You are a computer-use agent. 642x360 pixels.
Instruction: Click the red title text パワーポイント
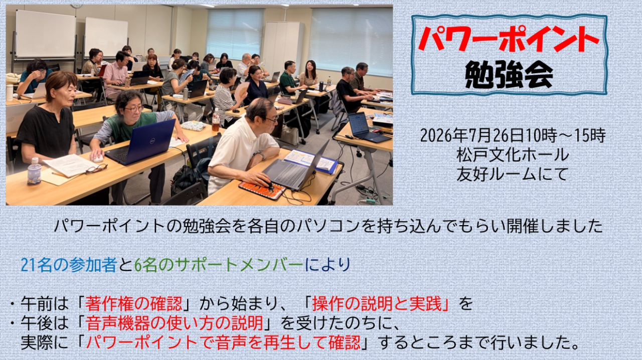(509, 40)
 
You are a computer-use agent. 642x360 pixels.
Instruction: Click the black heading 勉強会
(509, 75)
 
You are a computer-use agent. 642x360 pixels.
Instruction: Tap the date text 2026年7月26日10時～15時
(513, 135)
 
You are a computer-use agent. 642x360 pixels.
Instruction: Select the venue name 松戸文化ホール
(513, 155)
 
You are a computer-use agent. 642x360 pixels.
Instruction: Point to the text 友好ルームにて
(513, 174)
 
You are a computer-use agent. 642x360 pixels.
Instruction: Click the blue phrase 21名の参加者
(69, 265)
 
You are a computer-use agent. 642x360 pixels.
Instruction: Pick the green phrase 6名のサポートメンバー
(219, 265)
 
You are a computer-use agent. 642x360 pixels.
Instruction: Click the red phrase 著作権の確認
(133, 303)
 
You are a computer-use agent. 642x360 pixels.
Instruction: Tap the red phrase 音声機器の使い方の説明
(174, 323)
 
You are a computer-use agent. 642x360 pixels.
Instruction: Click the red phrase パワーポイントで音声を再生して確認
(223, 342)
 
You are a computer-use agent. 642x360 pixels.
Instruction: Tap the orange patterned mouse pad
(262, 189)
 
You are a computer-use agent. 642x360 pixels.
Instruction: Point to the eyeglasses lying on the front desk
(97, 169)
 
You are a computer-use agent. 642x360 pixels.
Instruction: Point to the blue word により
(328, 265)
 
